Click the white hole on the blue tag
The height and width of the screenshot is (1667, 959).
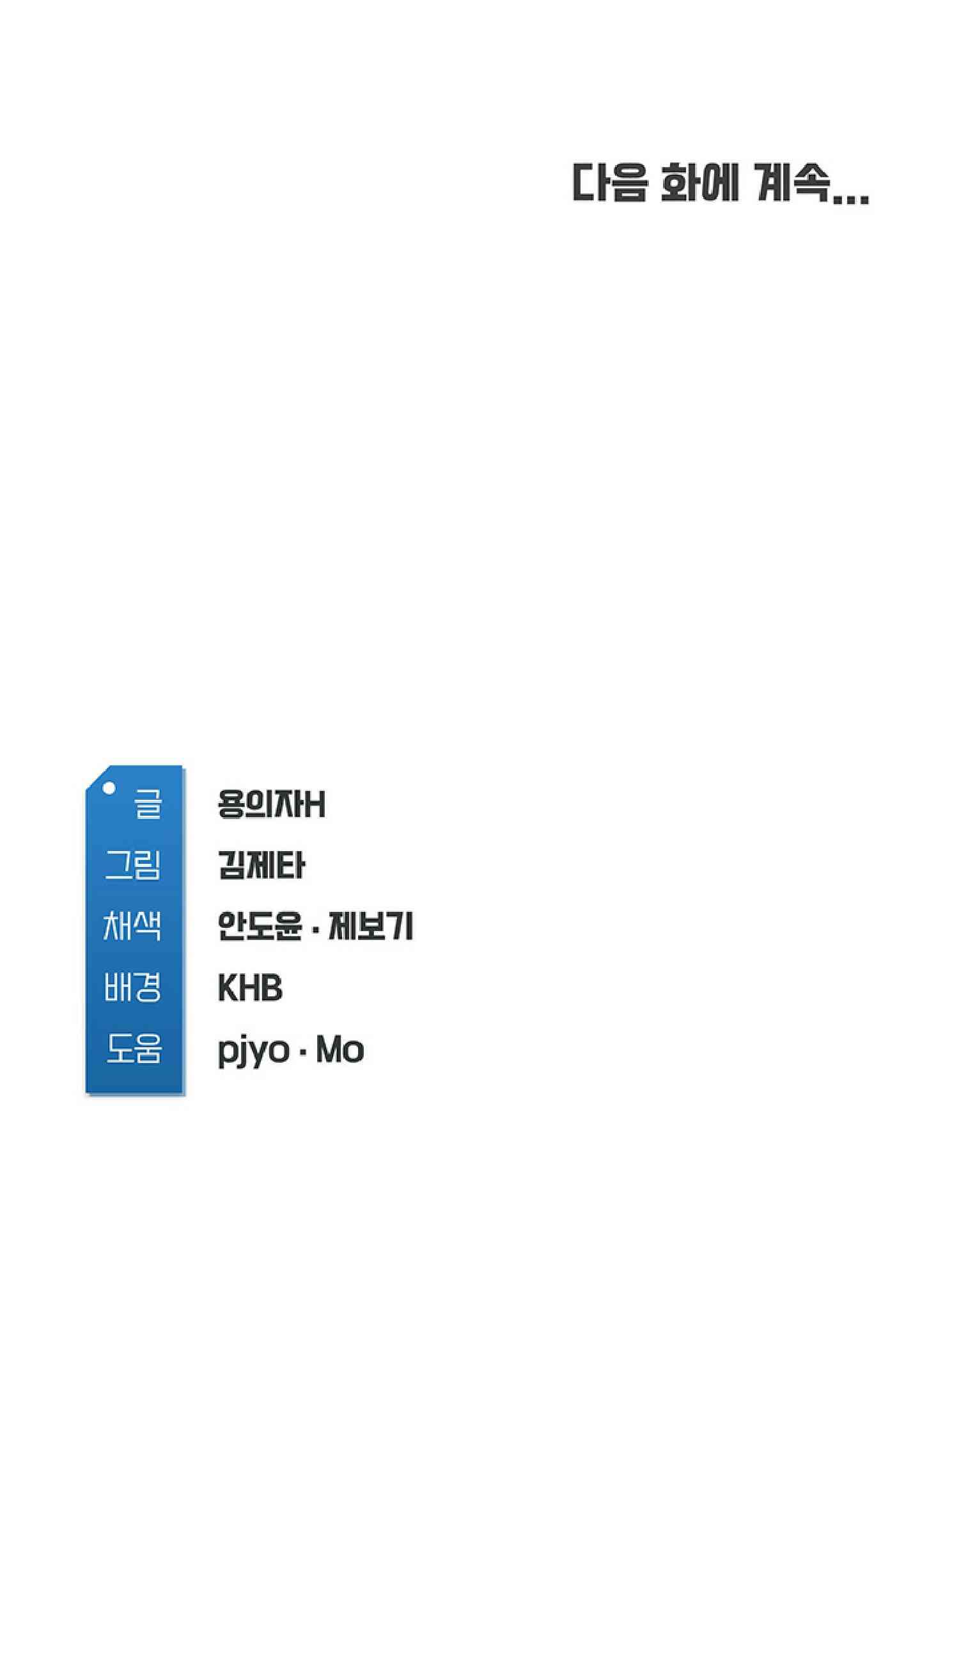click(x=109, y=788)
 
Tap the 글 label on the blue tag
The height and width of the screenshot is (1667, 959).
click(x=148, y=805)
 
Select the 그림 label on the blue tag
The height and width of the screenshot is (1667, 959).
click(x=133, y=865)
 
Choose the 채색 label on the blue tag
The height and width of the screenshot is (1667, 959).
click(x=132, y=926)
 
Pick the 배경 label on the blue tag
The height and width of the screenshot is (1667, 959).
click(x=132, y=987)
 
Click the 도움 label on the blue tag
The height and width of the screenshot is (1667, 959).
click(x=134, y=1049)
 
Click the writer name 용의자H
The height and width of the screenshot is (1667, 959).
click(x=271, y=805)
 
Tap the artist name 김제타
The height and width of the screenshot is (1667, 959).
click(x=261, y=865)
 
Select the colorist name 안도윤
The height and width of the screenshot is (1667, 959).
click(x=260, y=926)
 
